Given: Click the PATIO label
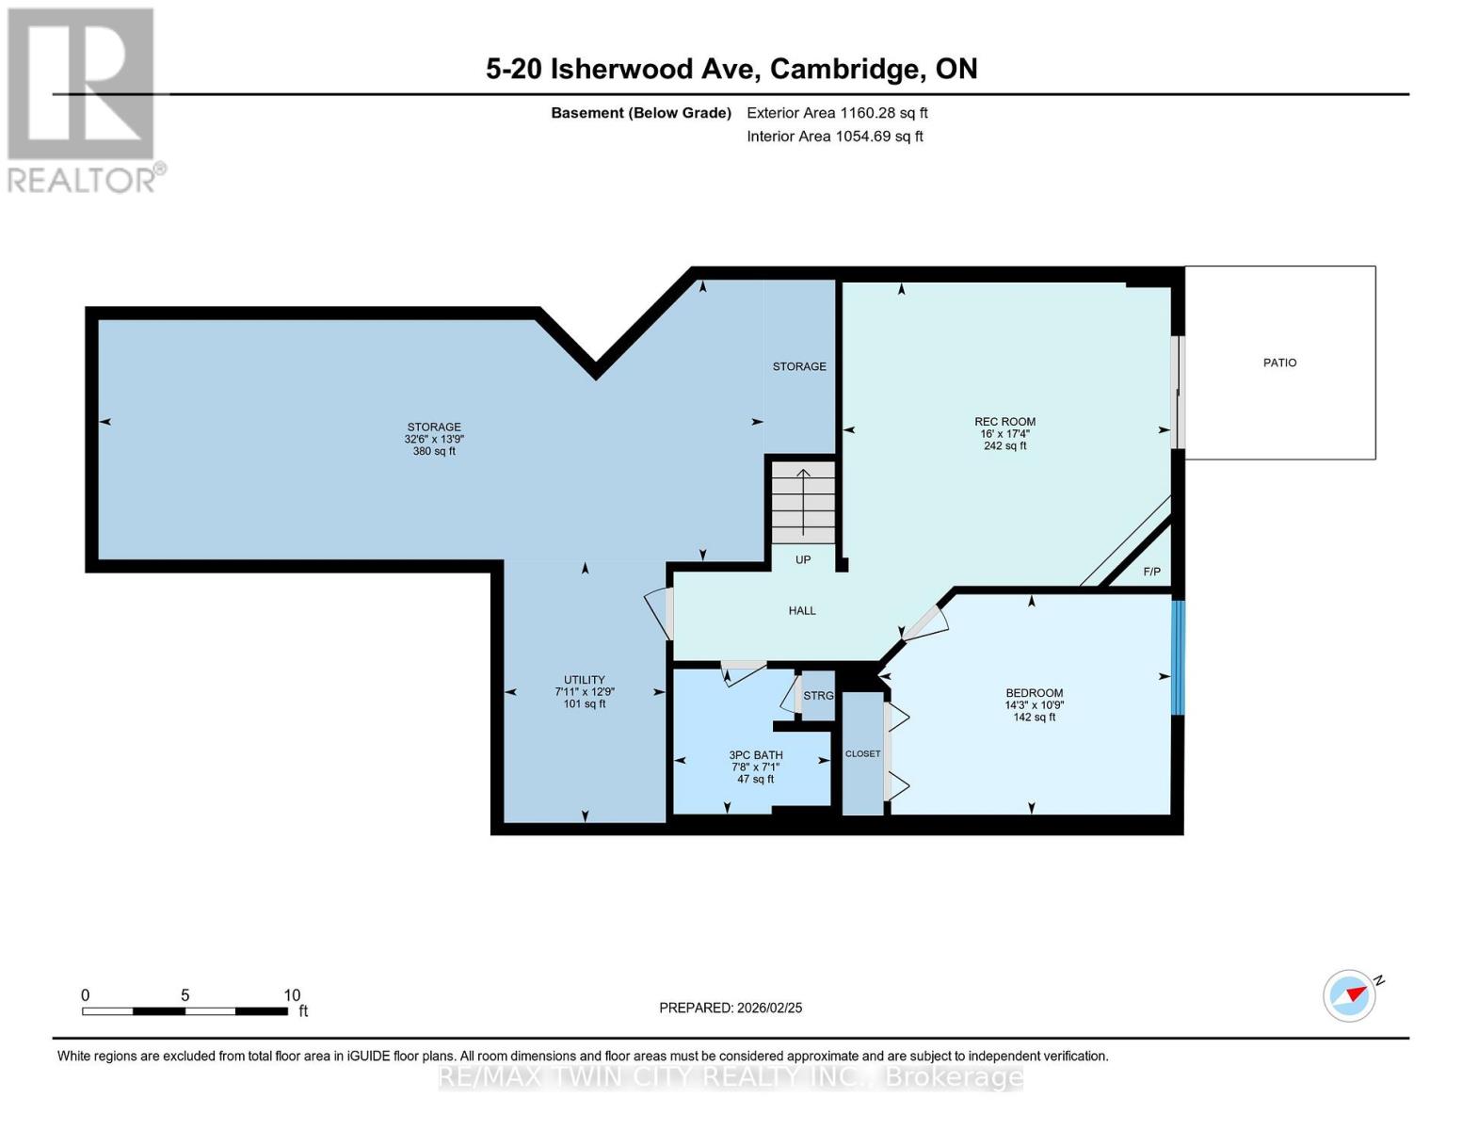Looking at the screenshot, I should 1279,363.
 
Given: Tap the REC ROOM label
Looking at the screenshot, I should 1004,422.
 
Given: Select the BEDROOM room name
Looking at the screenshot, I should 1034,693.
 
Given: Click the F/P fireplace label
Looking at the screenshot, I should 1151,572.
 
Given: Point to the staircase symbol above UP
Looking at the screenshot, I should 803,501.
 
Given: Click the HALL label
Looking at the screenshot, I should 802,610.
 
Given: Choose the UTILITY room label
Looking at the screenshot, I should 584,680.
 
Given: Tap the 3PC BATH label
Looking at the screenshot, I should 755,755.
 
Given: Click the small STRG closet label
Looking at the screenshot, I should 818,696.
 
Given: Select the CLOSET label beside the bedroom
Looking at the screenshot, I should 862,753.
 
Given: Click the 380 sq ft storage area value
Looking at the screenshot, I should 434,451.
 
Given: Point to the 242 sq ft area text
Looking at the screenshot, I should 1004,446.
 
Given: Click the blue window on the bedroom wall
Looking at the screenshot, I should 1177,657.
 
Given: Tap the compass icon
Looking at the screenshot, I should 1349,995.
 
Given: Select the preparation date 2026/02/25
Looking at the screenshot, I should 767,1008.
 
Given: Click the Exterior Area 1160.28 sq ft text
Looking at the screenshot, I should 837,113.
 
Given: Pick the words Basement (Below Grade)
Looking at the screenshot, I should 640,113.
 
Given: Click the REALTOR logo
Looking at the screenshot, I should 83,99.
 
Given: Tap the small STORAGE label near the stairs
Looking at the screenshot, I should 799,366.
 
